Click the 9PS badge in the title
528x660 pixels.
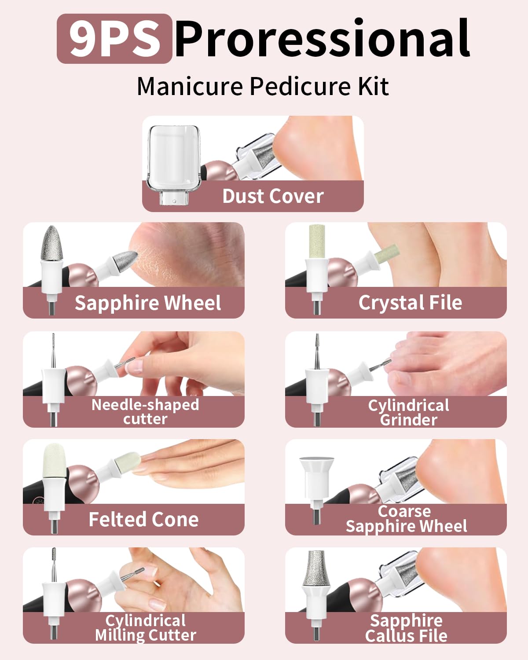(x=114, y=39)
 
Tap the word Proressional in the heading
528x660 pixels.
(x=322, y=39)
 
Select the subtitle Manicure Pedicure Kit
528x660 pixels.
(x=263, y=86)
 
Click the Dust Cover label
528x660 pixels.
(x=273, y=196)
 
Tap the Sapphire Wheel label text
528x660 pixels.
(x=147, y=303)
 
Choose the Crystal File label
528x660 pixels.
(x=410, y=303)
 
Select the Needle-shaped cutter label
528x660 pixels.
(x=145, y=411)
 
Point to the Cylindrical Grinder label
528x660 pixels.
(x=409, y=412)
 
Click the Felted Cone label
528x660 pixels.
(x=143, y=520)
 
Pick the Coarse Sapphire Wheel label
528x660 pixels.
(x=406, y=519)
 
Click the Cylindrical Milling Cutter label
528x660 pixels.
(x=145, y=628)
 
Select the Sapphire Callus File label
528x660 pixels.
(x=406, y=628)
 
